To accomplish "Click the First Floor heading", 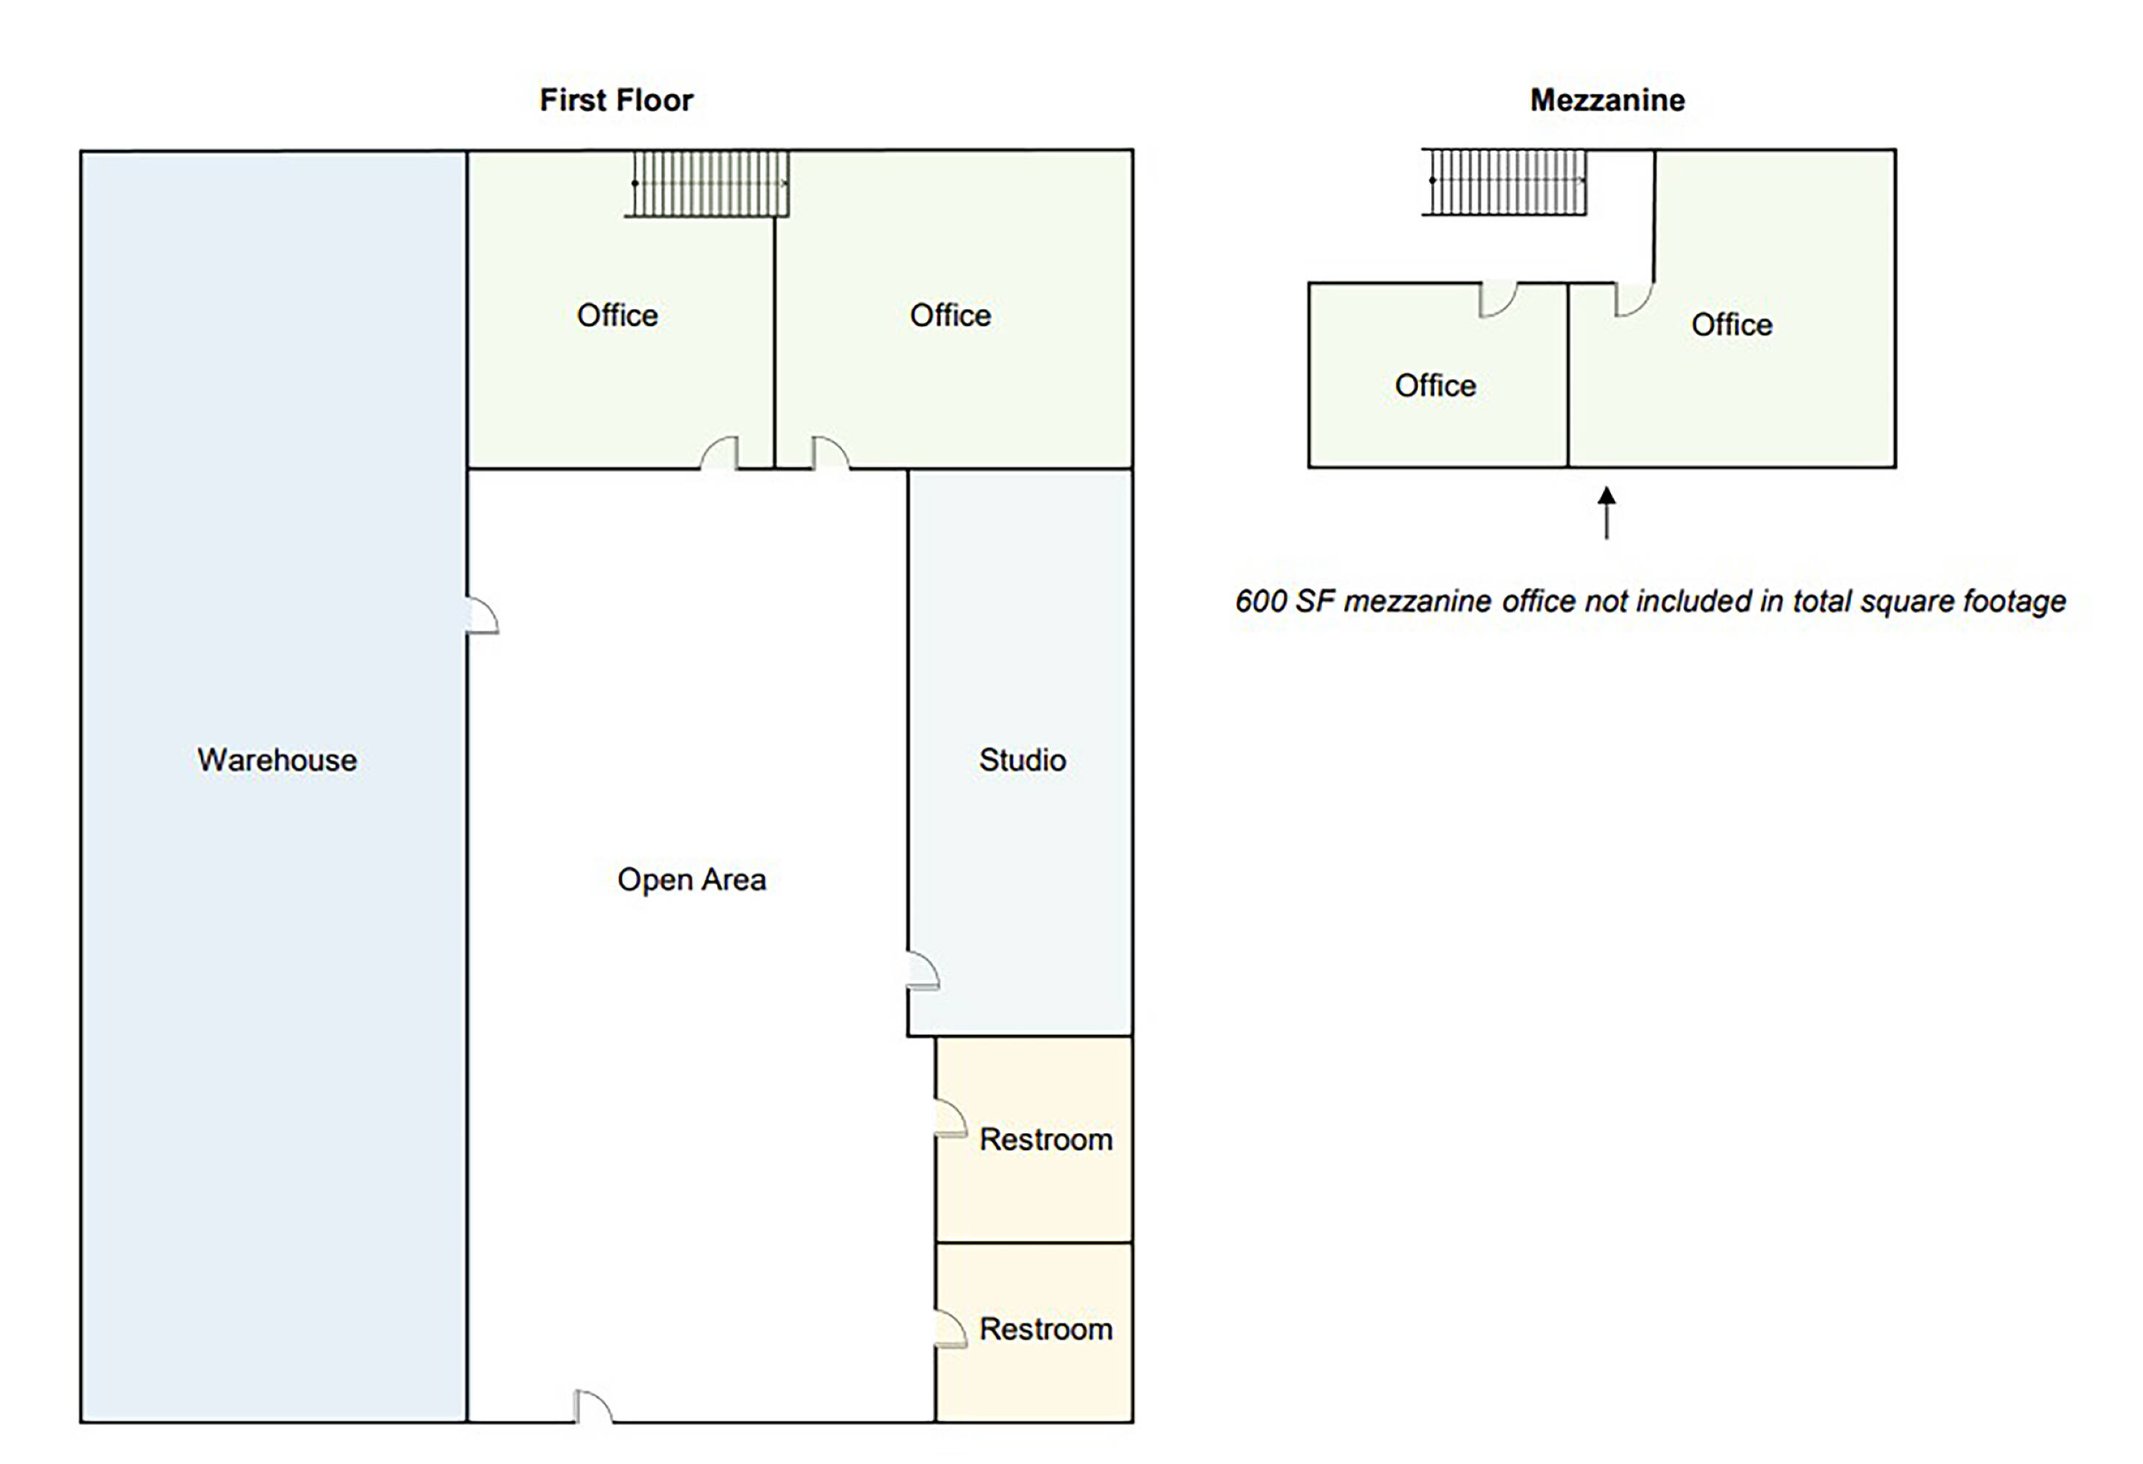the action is tap(616, 100).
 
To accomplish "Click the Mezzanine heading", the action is tap(1607, 100).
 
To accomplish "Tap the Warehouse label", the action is tap(277, 759).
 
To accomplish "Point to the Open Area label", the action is tap(691, 879).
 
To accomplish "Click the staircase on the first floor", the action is tap(708, 184).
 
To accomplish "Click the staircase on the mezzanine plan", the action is tap(1504, 181).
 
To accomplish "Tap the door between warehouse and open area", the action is tap(482, 616).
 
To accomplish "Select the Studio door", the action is tap(923, 970).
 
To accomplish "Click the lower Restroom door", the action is tap(950, 1329).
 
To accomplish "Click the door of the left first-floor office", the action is tap(719, 453).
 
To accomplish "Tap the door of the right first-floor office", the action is tap(830, 453).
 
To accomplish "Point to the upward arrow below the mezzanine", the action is tap(1606, 512).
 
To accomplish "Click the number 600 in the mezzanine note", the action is tap(1261, 602).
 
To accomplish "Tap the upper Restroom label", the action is tap(1046, 1139).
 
